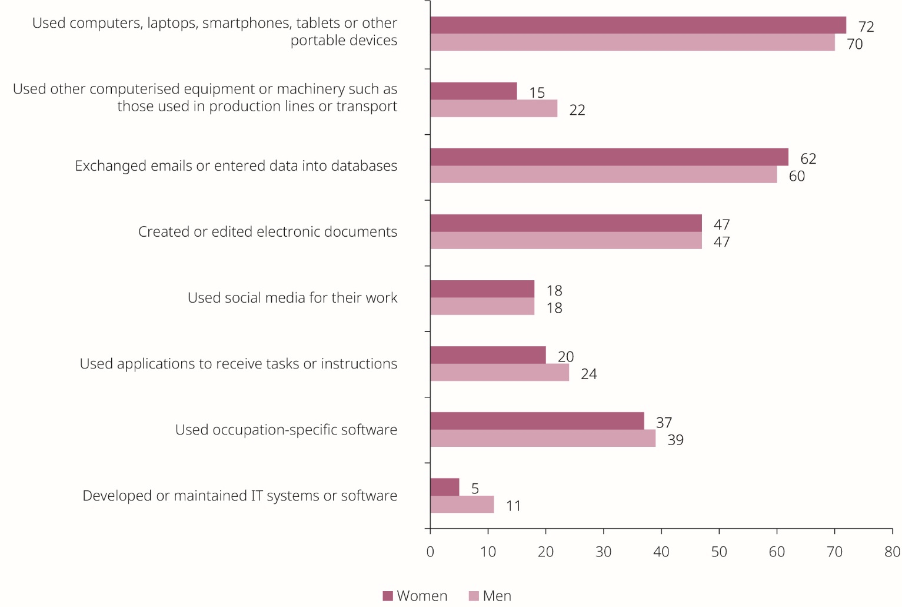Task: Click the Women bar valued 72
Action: coord(638,25)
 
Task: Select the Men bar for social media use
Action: coord(482,307)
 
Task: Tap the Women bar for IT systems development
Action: coord(444,487)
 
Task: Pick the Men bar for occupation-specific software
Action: coord(542,439)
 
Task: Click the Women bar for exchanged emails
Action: coord(609,157)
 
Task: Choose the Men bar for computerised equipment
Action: coord(494,109)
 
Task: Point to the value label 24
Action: coord(588,374)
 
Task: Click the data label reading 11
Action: coord(513,506)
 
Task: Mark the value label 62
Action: coord(808,159)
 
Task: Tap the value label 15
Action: coord(537,93)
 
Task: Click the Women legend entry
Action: coord(415,596)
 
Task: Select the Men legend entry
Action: coord(490,596)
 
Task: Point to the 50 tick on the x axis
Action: coord(719,552)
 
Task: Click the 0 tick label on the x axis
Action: coord(430,552)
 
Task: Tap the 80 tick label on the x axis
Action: coord(892,552)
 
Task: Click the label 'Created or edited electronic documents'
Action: coord(268,232)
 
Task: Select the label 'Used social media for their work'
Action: coord(292,298)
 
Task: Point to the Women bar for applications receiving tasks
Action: coord(488,355)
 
